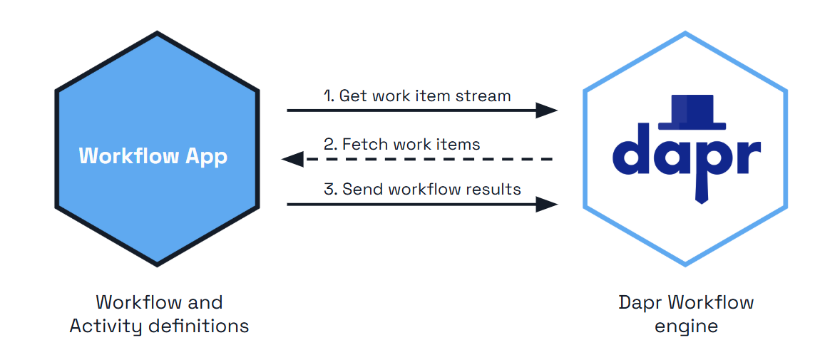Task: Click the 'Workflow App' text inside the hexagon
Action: (153, 156)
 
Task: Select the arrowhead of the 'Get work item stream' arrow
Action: (546, 110)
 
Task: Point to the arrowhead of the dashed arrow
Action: (293, 159)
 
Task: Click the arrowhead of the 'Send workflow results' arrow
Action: (546, 205)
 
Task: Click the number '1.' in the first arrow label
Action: (329, 96)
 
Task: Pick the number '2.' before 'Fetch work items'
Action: (330, 144)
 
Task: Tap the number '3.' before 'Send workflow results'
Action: (330, 190)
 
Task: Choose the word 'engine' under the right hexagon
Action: (686, 326)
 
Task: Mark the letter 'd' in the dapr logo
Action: (632, 152)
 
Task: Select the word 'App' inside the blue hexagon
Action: (207, 156)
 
